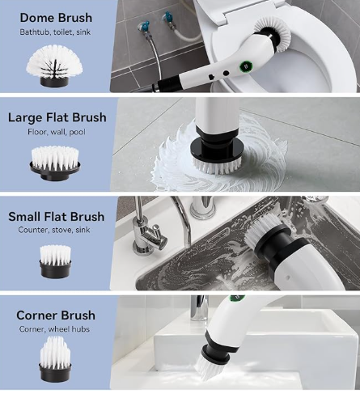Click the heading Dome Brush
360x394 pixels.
click(x=56, y=18)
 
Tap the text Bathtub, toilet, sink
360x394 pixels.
click(x=55, y=32)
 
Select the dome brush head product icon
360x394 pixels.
click(x=54, y=66)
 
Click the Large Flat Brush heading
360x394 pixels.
click(x=57, y=117)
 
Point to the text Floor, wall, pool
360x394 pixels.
click(x=57, y=132)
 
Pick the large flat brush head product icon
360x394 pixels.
click(x=55, y=163)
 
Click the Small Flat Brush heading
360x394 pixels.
click(x=57, y=217)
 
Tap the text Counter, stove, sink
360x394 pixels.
click(x=54, y=230)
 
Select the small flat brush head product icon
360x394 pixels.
click(x=56, y=261)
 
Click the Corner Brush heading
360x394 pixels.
click(x=56, y=316)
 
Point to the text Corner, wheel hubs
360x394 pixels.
click(x=54, y=329)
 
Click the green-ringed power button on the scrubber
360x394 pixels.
click(x=245, y=66)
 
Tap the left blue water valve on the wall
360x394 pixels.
click(x=144, y=27)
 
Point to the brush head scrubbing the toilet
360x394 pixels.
click(x=272, y=34)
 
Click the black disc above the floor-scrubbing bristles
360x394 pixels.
click(x=217, y=150)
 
